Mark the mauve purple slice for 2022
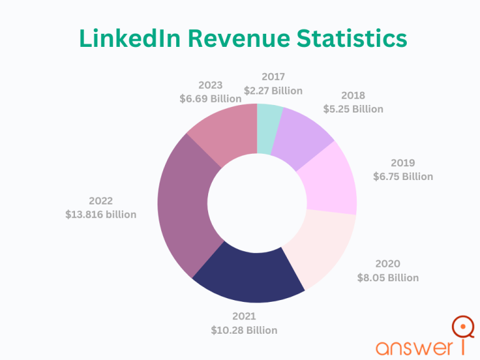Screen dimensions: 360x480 tap(184, 206)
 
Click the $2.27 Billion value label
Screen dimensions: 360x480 tap(273, 91)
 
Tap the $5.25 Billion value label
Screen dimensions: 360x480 tap(353, 109)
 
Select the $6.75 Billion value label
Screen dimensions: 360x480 tap(403, 176)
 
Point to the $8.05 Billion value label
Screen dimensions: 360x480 tap(387, 277)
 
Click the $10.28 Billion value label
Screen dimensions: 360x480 tap(244, 329)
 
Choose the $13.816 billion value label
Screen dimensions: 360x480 tap(101, 214)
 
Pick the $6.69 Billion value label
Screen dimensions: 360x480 tap(210, 99)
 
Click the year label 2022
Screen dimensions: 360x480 tap(101, 201)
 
